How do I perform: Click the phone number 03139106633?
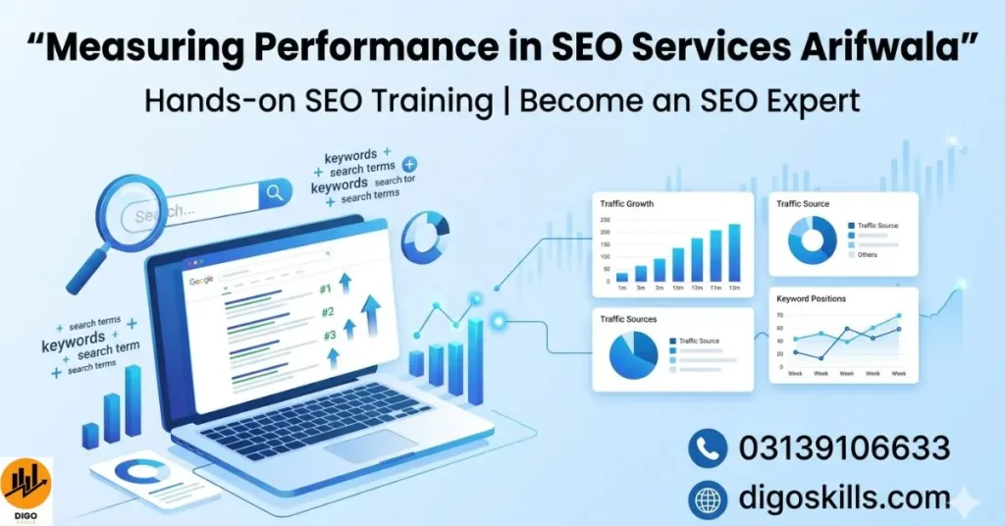844,448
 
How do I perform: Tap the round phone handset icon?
707,448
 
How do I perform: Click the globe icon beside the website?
707,498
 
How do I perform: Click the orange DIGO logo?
26,484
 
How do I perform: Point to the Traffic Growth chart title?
626,204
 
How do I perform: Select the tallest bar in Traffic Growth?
734,252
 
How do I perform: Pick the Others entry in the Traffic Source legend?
867,254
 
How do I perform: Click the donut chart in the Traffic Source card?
813,239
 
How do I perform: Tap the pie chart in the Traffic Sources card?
632,356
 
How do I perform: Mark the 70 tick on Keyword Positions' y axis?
779,316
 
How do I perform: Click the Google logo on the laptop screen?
201,281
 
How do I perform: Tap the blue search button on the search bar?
276,192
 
